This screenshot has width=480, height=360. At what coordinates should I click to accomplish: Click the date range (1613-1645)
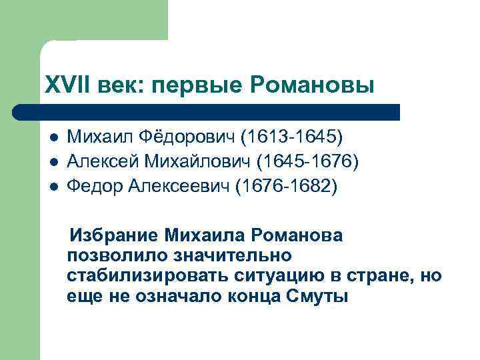point(292,137)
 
